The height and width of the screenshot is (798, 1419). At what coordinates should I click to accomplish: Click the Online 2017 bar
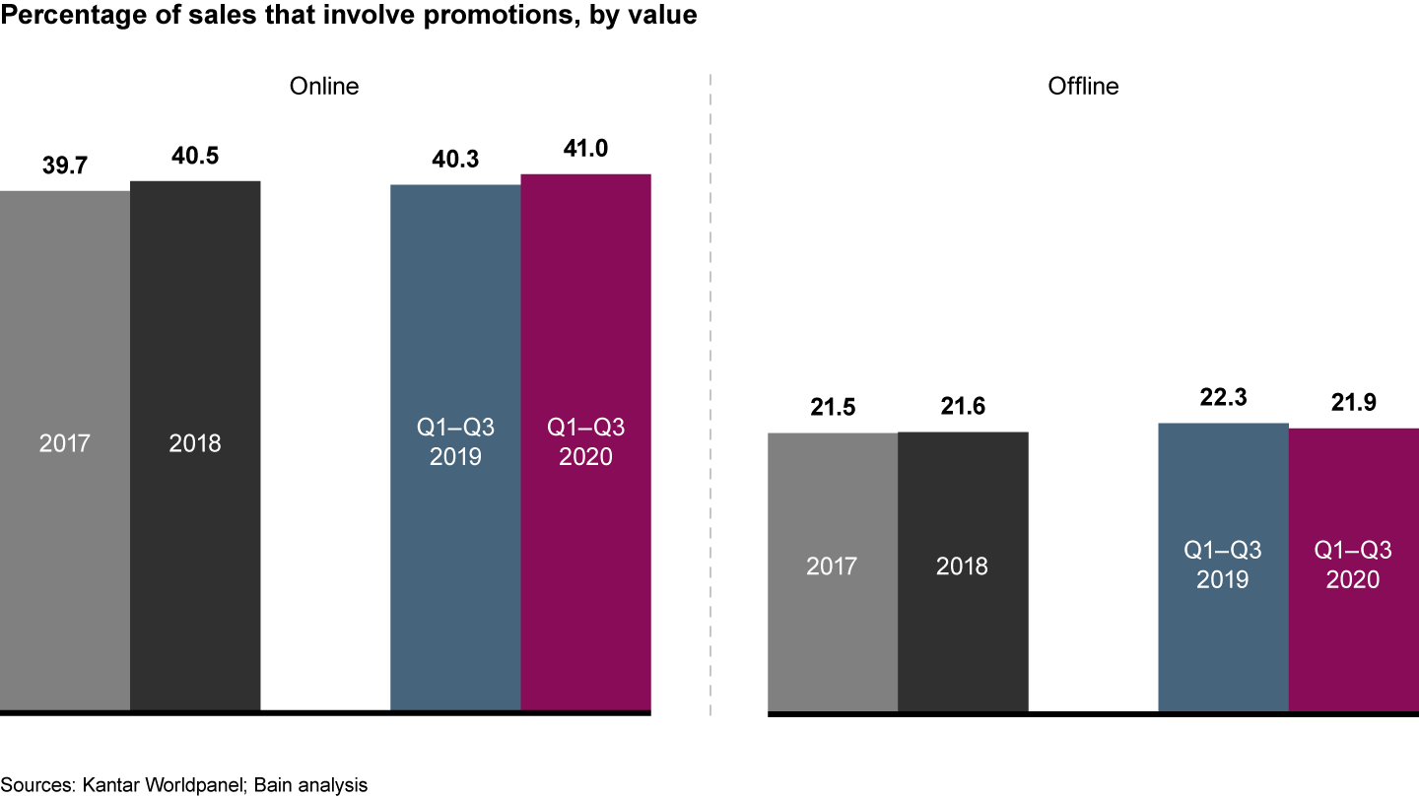pyautogui.click(x=65, y=448)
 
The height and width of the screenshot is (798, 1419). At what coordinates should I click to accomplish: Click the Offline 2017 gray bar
pyautogui.click(x=833, y=571)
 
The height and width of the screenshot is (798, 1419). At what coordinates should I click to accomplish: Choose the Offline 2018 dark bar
pyautogui.click(x=963, y=570)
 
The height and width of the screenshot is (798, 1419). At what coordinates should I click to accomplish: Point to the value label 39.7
pyautogui.click(x=65, y=166)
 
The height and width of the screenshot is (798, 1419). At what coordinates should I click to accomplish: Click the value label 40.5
pyautogui.click(x=195, y=158)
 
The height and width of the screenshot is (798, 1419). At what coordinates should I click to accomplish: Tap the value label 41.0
pyautogui.click(x=585, y=151)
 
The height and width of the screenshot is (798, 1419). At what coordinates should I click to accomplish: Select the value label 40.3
pyautogui.click(x=455, y=160)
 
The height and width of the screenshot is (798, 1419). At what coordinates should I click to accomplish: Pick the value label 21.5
pyautogui.click(x=833, y=409)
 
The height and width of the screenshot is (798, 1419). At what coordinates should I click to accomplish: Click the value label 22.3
pyautogui.click(x=1223, y=400)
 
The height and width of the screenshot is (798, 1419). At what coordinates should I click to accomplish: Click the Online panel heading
pyautogui.click(x=324, y=87)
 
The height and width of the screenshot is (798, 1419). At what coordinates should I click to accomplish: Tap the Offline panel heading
pyautogui.click(x=1083, y=87)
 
